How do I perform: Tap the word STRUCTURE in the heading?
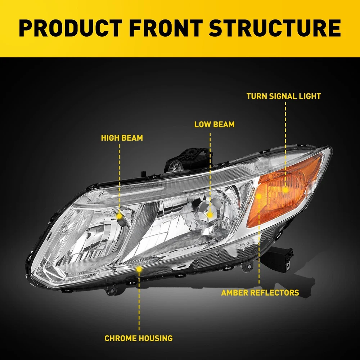pyautogui.click(x=275, y=29)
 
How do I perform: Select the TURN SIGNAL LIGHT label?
pyautogui.click(x=284, y=96)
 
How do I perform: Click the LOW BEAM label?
pyautogui.click(x=214, y=125)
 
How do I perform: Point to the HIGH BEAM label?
pyautogui.click(x=122, y=138)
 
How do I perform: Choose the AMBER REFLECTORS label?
pyautogui.click(x=260, y=293)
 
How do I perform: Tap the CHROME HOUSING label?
pyautogui.click(x=139, y=338)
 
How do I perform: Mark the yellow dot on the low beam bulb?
pyautogui.click(x=210, y=214)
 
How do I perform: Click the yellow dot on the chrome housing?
pyautogui.click(x=139, y=269)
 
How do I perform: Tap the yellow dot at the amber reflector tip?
pyautogui.click(x=259, y=196)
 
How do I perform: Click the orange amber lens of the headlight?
pyautogui.click(x=288, y=194)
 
